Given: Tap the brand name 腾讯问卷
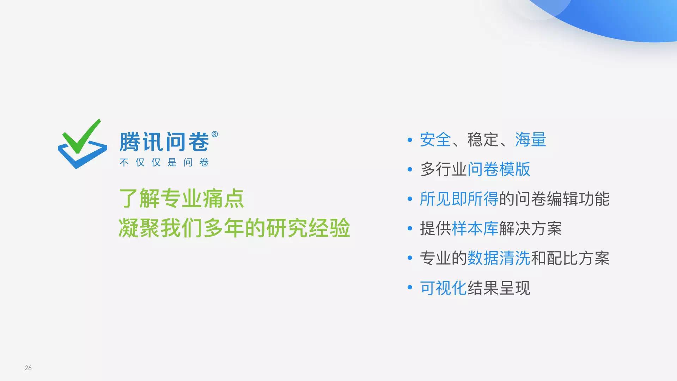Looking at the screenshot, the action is [x=164, y=142].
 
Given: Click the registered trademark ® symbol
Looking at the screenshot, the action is [x=215, y=134].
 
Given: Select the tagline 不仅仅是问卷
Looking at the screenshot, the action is [x=164, y=162].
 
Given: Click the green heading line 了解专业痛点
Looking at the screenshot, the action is [x=181, y=198].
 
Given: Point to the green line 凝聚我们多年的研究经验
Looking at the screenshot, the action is [x=234, y=228].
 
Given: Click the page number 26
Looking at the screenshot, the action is [x=28, y=368].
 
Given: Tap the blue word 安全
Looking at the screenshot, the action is [x=435, y=140].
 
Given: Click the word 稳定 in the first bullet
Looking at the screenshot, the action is [x=483, y=140].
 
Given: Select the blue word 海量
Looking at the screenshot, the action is [x=531, y=140].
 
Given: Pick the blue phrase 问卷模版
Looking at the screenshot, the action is [x=499, y=169].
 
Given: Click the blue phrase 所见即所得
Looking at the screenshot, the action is [x=459, y=199].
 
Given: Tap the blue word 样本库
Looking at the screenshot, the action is [x=475, y=229].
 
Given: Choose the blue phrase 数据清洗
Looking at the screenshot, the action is [x=499, y=258].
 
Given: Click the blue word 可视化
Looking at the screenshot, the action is [x=443, y=288].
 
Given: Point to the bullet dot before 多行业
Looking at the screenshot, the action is [x=410, y=170].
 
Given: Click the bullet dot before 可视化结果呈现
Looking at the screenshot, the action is [x=410, y=288].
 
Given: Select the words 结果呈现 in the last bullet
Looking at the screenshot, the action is [x=499, y=288].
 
